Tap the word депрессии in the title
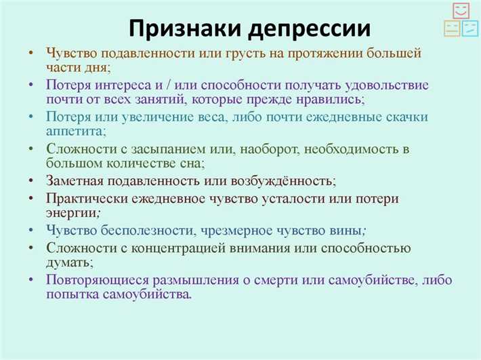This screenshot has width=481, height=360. coord(308,29)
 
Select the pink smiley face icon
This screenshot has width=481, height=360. coord(461,12)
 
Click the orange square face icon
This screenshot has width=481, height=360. coord(452,28)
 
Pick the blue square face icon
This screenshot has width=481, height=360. coord(469,28)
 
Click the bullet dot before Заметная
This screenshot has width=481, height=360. coord(31,182)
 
